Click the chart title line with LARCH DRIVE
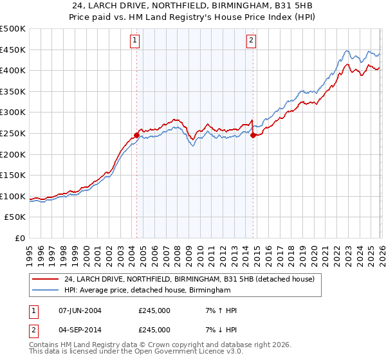click(x=193, y=6)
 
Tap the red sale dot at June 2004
click(x=136, y=136)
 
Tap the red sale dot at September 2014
click(x=253, y=136)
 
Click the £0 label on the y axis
click(x=21, y=238)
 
